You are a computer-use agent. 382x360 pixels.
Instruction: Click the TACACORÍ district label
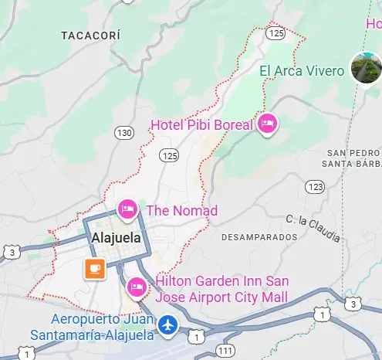click(91, 36)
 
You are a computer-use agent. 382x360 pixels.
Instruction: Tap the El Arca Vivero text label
click(302, 71)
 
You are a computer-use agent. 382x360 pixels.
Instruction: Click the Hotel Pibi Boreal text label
click(202, 124)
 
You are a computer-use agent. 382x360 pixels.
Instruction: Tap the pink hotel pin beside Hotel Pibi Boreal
click(267, 124)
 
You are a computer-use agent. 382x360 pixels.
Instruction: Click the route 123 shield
click(315, 187)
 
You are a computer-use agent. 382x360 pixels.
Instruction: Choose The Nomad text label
click(181, 210)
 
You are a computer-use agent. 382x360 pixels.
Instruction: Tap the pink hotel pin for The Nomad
click(128, 208)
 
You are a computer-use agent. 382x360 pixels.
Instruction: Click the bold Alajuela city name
click(117, 238)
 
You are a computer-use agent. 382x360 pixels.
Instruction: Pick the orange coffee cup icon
click(95, 269)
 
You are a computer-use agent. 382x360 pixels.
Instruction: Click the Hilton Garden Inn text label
click(221, 290)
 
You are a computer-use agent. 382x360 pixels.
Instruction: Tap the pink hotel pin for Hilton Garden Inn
click(137, 287)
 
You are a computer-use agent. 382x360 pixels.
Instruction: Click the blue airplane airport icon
click(167, 326)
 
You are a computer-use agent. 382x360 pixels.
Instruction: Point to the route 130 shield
click(124, 133)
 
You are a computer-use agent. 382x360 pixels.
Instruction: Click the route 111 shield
click(225, 352)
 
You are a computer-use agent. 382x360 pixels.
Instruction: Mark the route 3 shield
click(11, 252)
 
